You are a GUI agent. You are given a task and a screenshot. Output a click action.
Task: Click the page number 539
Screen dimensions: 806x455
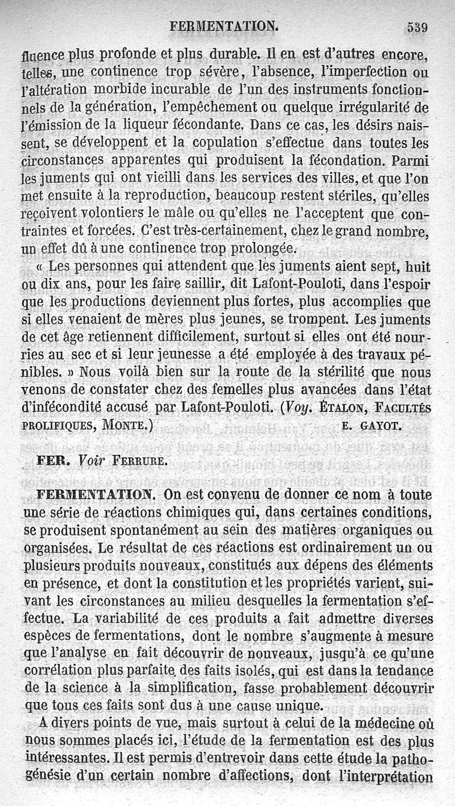[x=417, y=27]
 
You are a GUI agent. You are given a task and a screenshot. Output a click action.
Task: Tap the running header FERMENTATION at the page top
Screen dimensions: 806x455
[x=224, y=26]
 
